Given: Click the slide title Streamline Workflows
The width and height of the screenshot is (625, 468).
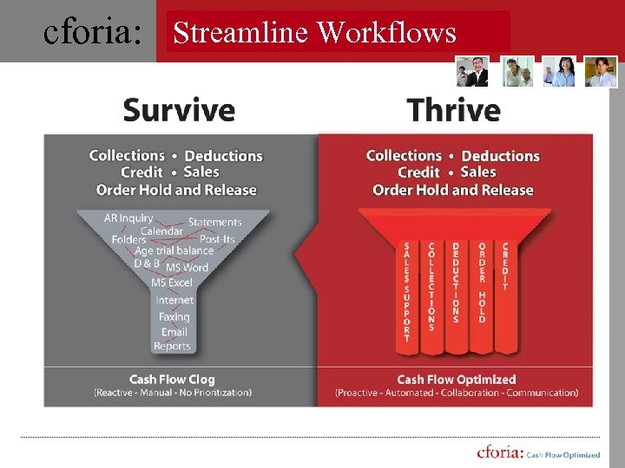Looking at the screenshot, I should click(314, 32).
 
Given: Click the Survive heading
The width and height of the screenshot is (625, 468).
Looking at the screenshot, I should click(179, 110).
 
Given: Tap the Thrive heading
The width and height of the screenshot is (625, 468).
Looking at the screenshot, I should click(453, 110).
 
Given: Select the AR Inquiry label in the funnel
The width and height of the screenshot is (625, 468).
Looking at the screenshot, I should click(128, 218).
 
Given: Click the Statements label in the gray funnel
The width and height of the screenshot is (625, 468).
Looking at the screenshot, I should click(214, 222).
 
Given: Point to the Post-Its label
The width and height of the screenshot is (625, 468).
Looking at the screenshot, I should click(217, 238).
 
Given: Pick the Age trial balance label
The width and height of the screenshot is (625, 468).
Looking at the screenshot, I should click(174, 250).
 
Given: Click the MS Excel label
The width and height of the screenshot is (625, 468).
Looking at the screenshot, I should click(172, 283).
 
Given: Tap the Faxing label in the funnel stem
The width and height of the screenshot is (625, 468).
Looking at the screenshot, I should click(174, 316).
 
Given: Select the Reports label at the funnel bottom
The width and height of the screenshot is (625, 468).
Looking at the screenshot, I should click(172, 346).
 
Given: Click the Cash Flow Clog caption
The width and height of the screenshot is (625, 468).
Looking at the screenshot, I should click(172, 380).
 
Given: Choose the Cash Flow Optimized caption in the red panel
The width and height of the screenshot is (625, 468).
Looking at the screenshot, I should click(456, 380).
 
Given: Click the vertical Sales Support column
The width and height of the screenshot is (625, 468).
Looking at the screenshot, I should click(406, 291).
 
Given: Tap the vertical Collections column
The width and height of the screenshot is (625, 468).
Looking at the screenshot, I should click(431, 286).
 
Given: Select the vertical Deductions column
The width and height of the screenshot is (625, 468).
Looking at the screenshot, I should click(456, 283).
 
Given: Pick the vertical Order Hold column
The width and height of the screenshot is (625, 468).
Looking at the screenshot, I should click(481, 283).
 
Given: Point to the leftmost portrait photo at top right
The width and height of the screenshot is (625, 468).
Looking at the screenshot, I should click(473, 72).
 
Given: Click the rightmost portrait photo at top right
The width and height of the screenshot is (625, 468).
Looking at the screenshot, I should click(601, 72).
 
